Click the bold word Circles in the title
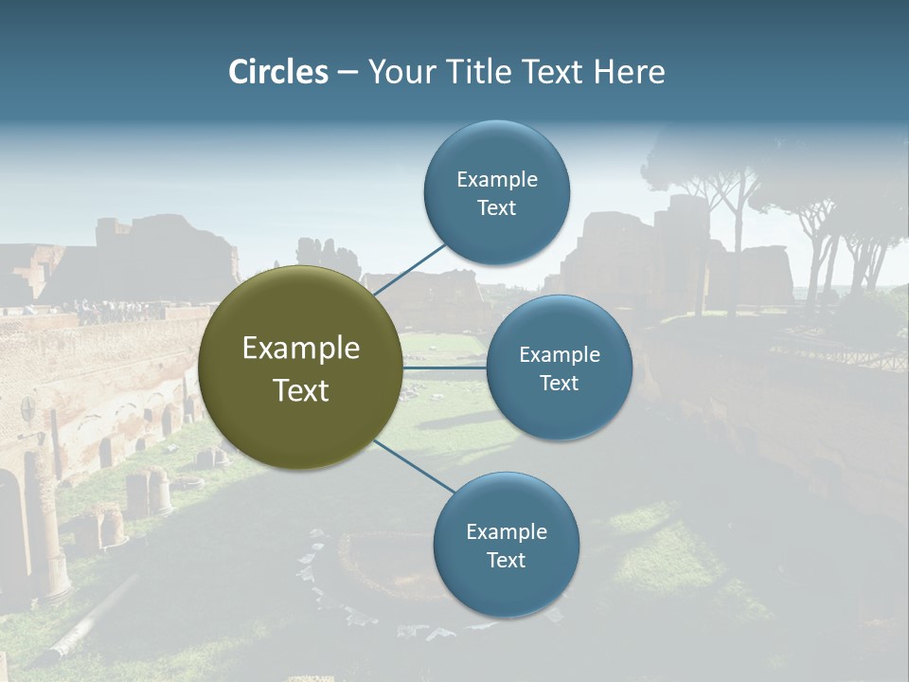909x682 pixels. [x=278, y=72]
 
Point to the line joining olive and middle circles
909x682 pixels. [x=445, y=368]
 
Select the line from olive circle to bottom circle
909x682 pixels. [x=413, y=465]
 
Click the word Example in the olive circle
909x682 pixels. [x=301, y=349]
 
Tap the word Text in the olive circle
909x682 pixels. [x=301, y=390]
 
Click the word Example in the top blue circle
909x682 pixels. [x=496, y=179]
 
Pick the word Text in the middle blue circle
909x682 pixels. [x=559, y=383]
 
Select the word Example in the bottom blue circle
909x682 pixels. [x=506, y=531]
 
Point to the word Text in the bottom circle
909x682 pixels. [x=506, y=560]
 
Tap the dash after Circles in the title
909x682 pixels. [x=348, y=73]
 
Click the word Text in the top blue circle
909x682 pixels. [x=496, y=207]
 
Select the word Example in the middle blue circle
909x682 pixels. [x=559, y=354]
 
